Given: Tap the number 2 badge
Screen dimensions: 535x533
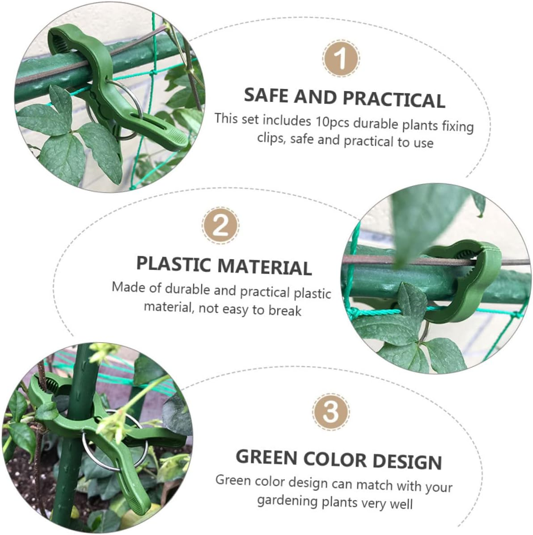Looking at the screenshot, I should click(220, 227).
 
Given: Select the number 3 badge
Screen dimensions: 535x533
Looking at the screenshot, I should click(330, 410).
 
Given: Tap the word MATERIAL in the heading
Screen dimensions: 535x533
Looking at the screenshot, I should click(267, 267).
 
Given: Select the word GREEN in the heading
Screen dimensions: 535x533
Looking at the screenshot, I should click(266, 457).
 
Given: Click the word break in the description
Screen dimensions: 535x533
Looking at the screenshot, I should click(284, 310).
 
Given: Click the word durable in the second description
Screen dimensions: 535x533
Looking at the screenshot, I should click(188, 289).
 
